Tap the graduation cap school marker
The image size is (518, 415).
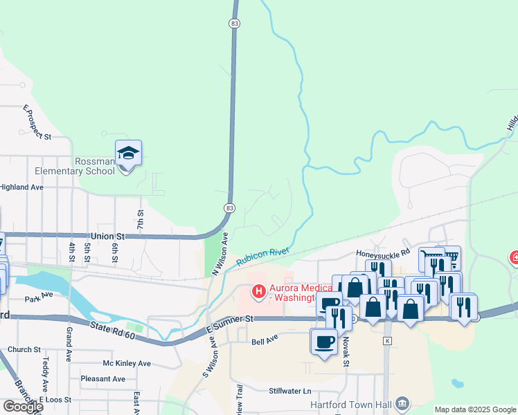click(x=128, y=153)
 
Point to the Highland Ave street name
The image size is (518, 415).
click(x=21, y=187)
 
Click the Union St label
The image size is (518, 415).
click(x=107, y=236)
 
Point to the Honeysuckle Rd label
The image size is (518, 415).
click(x=383, y=254)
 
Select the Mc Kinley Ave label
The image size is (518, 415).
click(x=126, y=364)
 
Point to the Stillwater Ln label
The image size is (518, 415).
click(x=290, y=391)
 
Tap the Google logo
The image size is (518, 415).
click(x=23, y=406)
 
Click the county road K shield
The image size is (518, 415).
click(x=387, y=341)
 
